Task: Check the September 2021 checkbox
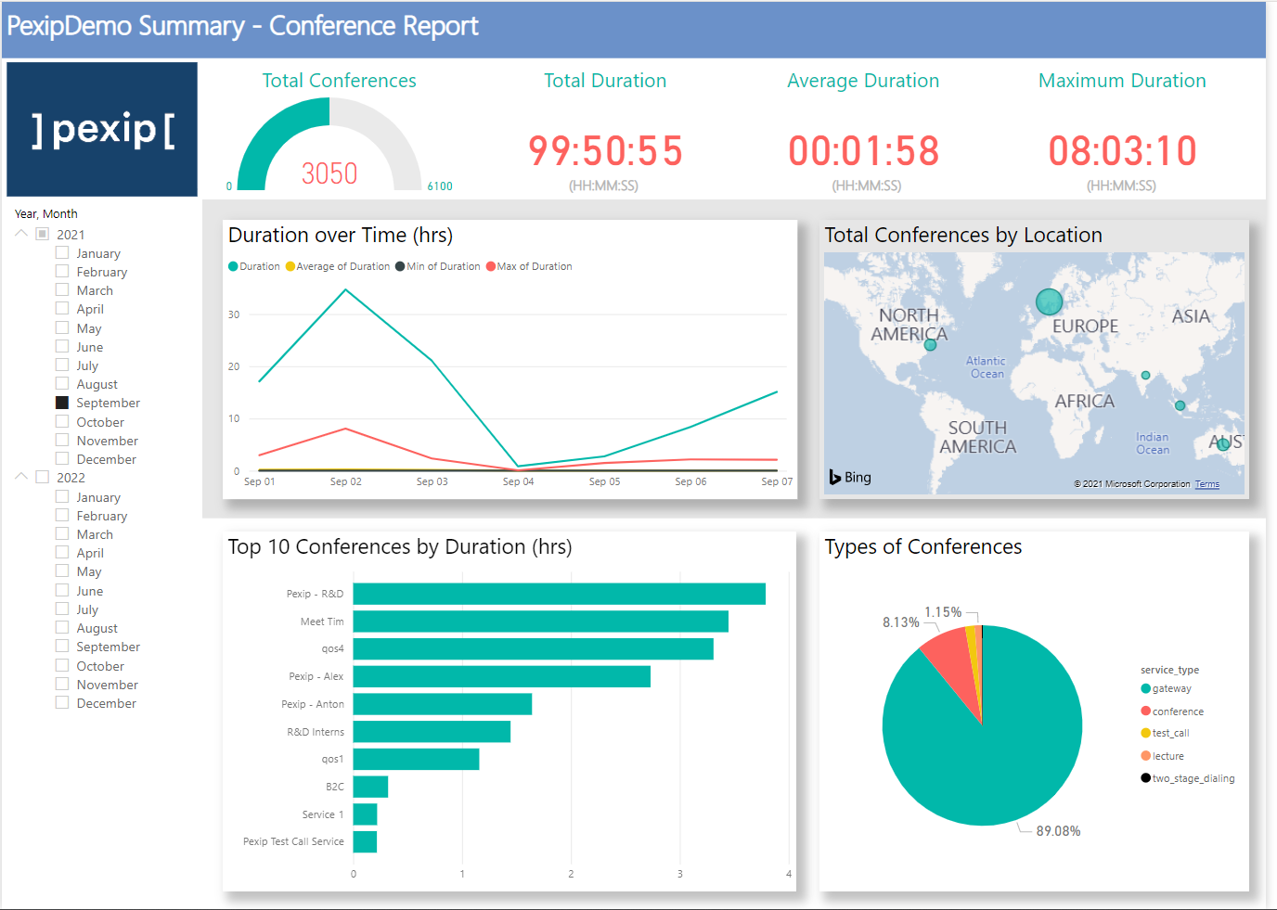(x=62, y=403)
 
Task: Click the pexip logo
(x=102, y=130)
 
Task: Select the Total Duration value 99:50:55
(x=605, y=151)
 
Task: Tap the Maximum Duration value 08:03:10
(x=1122, y=151)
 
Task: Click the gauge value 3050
(x=329, y=173)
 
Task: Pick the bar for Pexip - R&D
(x=559, y=594)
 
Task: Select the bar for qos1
(x=416, y=759)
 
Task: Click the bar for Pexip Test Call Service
(x=365, y=841)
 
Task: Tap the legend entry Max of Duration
(x=534, y=266)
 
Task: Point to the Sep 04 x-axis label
(x=518, y=481)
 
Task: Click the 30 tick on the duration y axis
(x=234, y=314)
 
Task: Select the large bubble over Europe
(x=1049, y=301)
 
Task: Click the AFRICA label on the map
(x=1084, y=401)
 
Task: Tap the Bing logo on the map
(x=850, y=477)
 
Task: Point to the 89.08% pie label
(x=1058, y=831)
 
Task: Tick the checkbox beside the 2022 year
(x=42, y=477)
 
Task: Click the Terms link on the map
(x=1206, y=484)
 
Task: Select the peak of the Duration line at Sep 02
(x=346, y=290)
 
